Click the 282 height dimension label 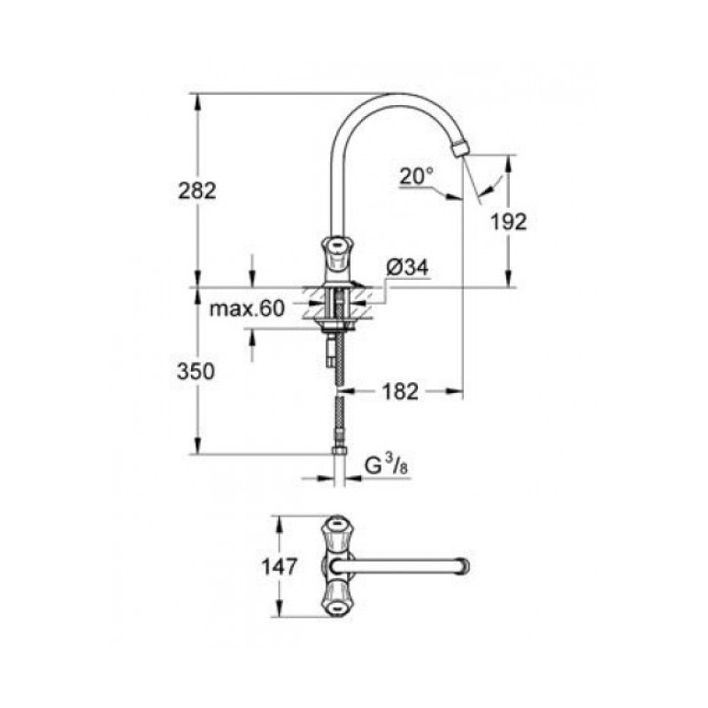197,190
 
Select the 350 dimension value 197,373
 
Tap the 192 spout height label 508,221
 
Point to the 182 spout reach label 400,390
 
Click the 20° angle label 415,176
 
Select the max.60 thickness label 247,309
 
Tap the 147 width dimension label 280,565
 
